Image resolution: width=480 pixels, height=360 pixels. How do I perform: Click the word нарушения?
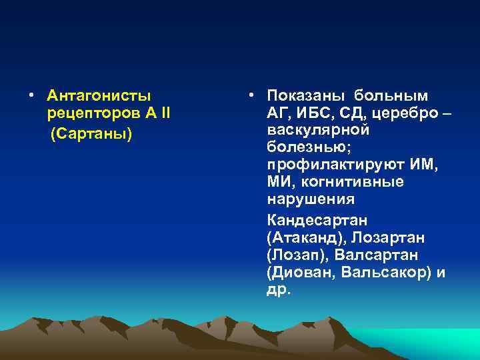pyautogui.click(x=311, y=199)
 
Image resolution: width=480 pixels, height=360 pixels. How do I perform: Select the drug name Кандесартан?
pyautogui.click(x=317, y=220)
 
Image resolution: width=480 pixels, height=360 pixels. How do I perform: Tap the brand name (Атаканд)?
pyautogui.click(x=302, y=238)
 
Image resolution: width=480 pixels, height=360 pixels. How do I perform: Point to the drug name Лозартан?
pyautogui.click(x=386, y=238)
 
